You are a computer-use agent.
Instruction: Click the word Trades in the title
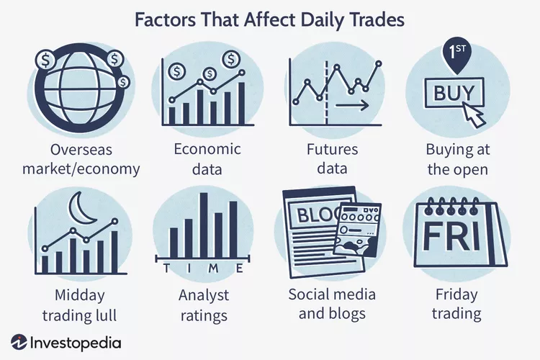click(377, 20)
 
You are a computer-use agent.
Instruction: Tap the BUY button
click(454, 93)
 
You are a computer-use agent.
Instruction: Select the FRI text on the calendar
click(451, 237)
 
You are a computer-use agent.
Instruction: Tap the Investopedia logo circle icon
click(19, 343)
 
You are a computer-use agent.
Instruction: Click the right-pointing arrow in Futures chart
click(352, 105)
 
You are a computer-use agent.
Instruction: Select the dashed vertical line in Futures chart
click(326, 92)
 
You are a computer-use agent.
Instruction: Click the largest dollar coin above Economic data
click(231, 60)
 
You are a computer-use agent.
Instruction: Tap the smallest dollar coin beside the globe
click(123, 82)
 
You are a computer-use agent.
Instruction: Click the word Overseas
click(81, 150)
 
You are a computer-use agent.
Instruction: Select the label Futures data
click(333, 159)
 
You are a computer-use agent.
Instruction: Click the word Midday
click(79, 296)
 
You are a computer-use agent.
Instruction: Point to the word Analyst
click(204, 296)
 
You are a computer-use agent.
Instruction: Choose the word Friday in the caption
click(456, 295)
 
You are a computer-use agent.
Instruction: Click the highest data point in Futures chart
click(379, 64)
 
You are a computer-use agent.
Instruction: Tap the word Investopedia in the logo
click(76, 343)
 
